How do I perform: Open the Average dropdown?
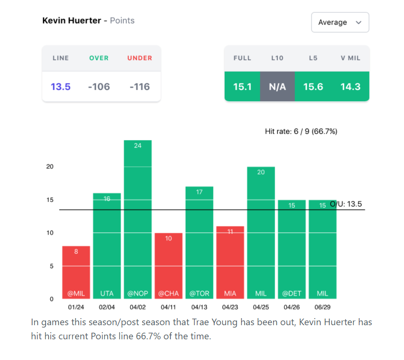(339, 22)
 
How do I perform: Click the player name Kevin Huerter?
(72, 21)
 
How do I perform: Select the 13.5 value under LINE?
(61, 87)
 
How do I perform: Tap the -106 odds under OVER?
(99, 87)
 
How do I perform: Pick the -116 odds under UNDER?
(139, 87)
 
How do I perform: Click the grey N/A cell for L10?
(277, 87)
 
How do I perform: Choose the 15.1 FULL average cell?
(242, 87)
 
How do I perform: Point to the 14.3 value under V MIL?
(350, 87)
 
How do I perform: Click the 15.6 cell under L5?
(313, 87)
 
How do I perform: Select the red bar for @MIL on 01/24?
(76, 273)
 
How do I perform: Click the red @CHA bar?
(169, 266)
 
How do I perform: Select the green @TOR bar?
(199, 242)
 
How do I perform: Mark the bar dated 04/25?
(261, 233)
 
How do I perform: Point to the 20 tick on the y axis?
(50, 167)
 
